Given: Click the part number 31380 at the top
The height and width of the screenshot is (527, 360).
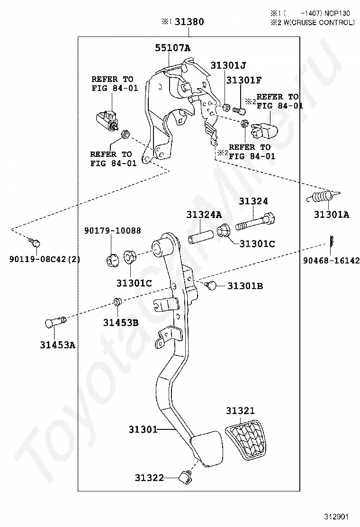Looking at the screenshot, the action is pos(189,21).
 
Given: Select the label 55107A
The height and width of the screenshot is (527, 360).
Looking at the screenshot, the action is pos(172,48).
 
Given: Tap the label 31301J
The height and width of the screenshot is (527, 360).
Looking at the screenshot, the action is pos(228,65).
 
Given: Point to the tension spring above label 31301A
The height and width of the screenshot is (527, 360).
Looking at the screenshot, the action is pos(324,196).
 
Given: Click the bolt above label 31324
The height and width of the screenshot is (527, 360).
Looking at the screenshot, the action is pos(255,221).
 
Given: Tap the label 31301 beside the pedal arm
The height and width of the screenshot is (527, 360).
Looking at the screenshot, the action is pos(143,429).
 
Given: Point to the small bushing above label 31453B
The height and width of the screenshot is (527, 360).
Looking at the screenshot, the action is pos(117,301).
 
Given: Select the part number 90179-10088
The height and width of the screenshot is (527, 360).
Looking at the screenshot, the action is pos(113,230).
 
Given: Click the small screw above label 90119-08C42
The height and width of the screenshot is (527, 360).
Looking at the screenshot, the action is pos(35,242).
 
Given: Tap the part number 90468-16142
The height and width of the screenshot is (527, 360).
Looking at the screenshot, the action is pos(332,261).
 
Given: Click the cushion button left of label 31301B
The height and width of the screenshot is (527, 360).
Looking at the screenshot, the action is pos(211,286).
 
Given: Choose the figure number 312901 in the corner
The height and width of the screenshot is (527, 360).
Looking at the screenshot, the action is pos(336,517).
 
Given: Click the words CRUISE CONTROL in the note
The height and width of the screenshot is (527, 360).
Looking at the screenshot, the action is pos(325,23).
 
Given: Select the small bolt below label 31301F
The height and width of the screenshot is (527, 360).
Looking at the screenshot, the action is pos(238,109).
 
